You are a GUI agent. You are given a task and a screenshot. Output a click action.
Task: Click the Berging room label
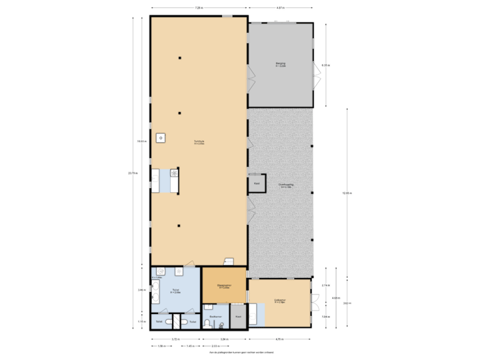click(281, 64)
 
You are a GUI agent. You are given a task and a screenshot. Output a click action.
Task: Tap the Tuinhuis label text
click(199, 141)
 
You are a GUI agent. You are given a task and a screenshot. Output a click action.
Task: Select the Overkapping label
click(286, 186)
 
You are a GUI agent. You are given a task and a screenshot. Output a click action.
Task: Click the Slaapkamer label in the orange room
click(224, 287)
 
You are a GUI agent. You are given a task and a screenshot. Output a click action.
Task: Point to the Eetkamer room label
click(279, 301)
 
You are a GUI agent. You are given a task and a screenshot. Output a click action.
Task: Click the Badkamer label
click(215, 316)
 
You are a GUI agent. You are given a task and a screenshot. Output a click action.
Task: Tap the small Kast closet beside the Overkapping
click(256, 183)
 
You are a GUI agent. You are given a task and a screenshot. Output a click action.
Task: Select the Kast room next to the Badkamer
click(238, 316)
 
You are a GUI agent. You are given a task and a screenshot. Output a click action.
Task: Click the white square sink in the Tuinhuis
click(161, 138)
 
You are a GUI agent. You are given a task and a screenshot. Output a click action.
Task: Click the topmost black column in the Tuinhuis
click(179, 59)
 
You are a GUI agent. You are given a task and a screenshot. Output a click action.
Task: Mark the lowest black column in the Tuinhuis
click(179, 225)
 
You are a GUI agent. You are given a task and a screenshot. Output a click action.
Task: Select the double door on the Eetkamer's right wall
click(313, 302)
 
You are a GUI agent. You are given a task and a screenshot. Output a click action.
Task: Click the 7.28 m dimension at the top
click(199, 8)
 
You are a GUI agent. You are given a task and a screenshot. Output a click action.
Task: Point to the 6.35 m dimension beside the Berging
click(325, 65)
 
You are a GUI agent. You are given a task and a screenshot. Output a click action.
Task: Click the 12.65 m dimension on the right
click(345, 193)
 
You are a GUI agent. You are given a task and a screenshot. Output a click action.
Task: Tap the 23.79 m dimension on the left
click(133, 173)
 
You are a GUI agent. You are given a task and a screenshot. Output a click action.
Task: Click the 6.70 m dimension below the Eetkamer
click(279, 339)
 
